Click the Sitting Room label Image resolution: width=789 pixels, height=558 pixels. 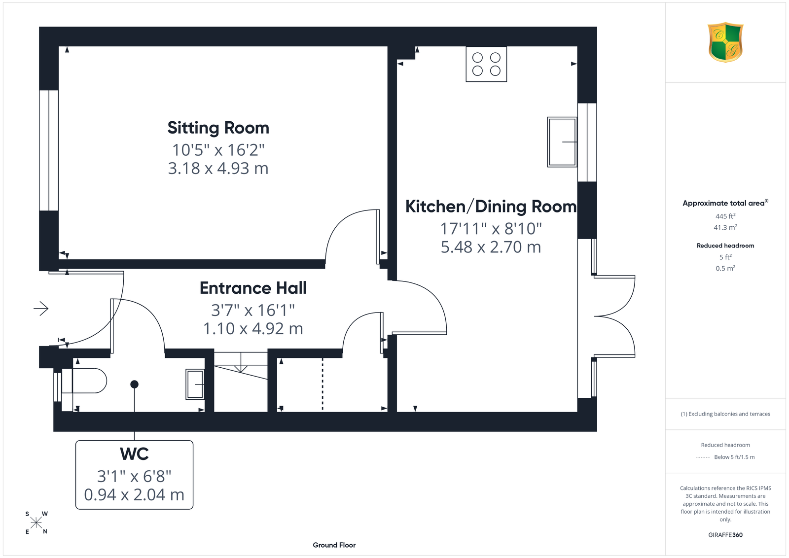click(x=218, y=128)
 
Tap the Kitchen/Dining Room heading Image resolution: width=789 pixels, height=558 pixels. click(x=491, y=207)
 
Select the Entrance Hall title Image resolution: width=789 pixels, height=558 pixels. click(x=253, y=288)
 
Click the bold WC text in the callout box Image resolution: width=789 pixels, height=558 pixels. click(x=134, y=454)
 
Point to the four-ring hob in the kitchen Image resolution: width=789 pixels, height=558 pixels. click(x=486, y=64)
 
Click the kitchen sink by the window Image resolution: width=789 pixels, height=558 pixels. click(x=562, y=142)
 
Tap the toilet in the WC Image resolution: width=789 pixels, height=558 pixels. click(x=84, y=381)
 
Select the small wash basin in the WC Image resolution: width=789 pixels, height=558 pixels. click(x=195, y=384)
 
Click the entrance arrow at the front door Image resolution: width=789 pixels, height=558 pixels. click(x=41, y=309)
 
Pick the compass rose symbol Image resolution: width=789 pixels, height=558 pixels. click(x=36, y=523)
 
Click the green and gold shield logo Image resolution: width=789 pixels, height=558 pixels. click(x=725, y=42)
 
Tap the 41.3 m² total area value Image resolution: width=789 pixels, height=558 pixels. click(x=725, y=227)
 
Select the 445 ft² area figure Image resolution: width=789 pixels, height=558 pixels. click(x=725, y=216)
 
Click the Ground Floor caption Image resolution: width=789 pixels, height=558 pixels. click(x=334, y=545)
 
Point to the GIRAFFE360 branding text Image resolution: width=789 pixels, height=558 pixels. click(x=725, y=535)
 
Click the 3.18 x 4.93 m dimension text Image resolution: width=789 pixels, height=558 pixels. click(x=218, y=168)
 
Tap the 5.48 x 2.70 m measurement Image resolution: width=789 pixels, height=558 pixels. click(x=491, y=247)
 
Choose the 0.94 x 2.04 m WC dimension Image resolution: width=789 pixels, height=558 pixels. click(x=134, y=494)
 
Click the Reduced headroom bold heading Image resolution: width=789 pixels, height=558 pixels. click(x=725, y=246)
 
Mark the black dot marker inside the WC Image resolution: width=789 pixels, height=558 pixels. click(x=134, y=384)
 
